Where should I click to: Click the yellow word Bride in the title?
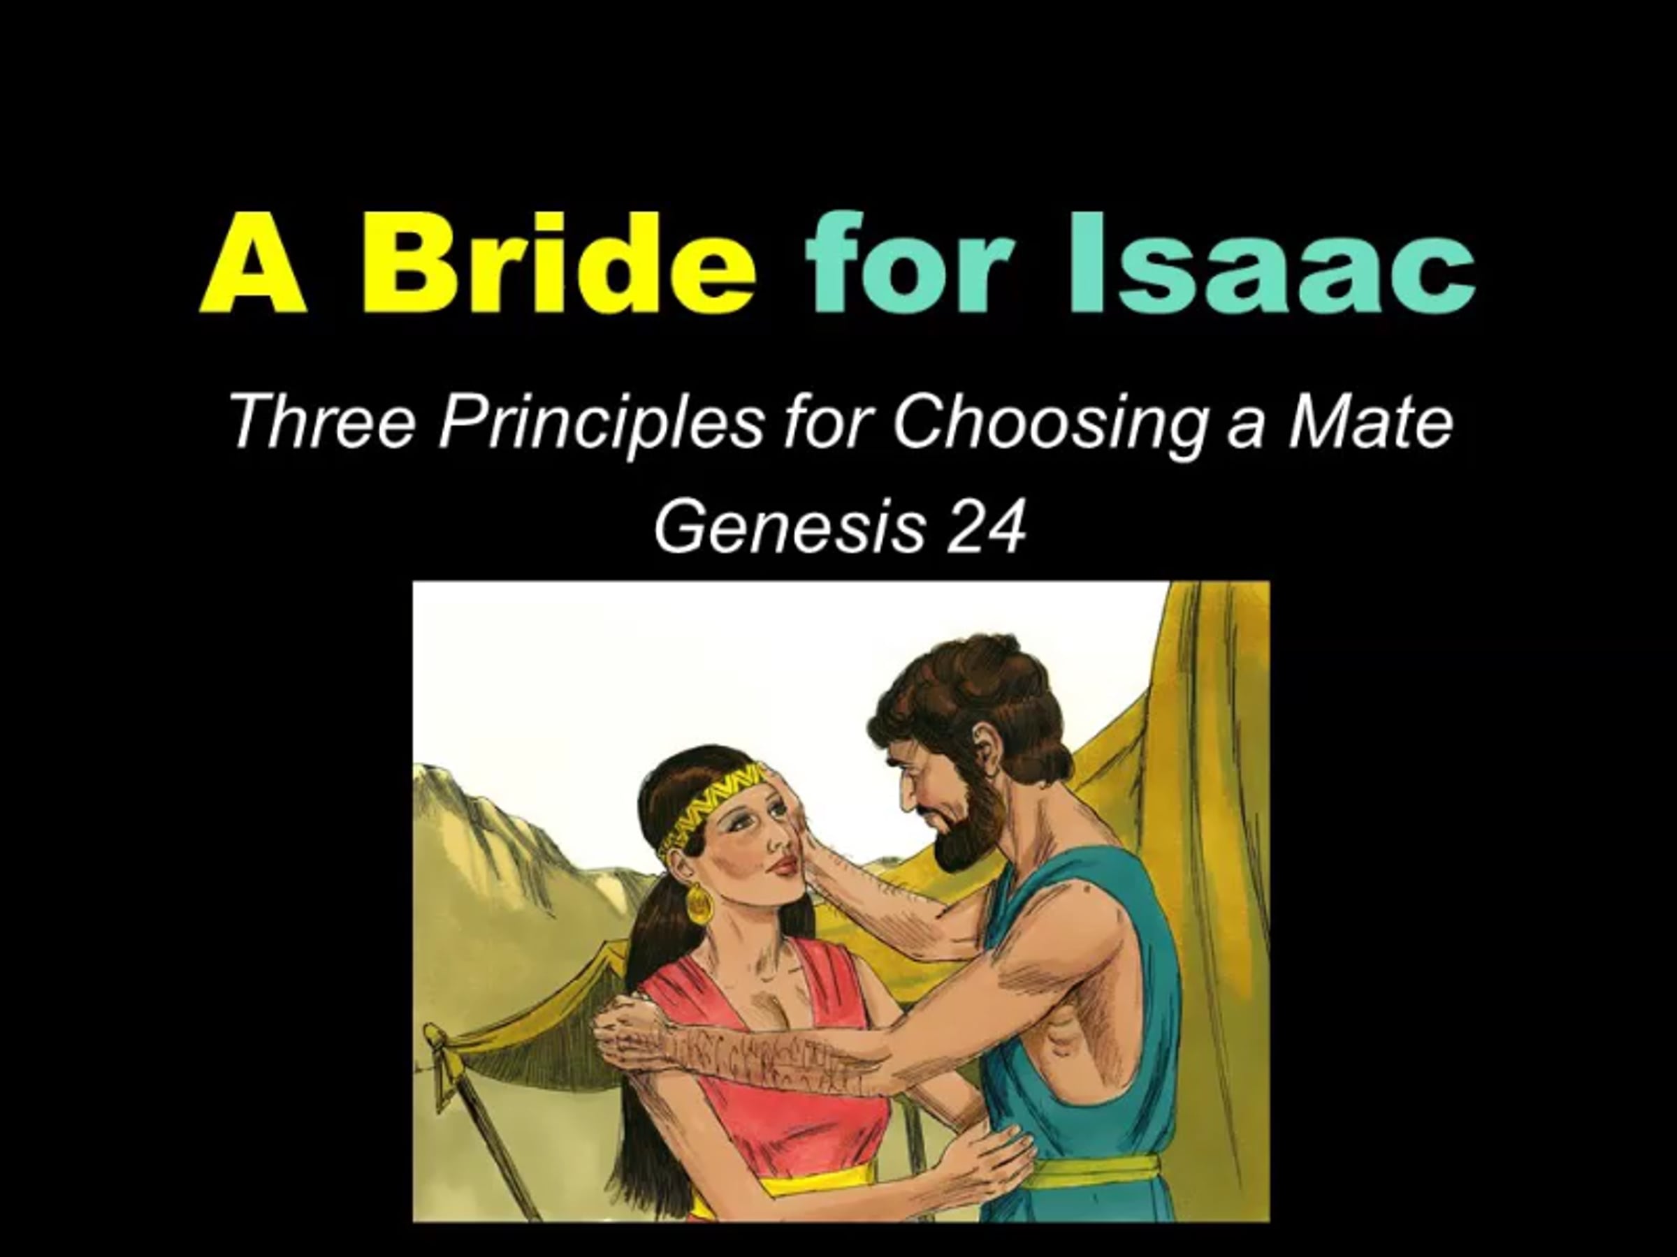[x=559, y=262]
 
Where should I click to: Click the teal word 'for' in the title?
[x=910, y=262]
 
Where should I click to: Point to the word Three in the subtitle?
[x=321, y=421]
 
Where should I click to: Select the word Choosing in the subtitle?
[x=1050, y=426]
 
